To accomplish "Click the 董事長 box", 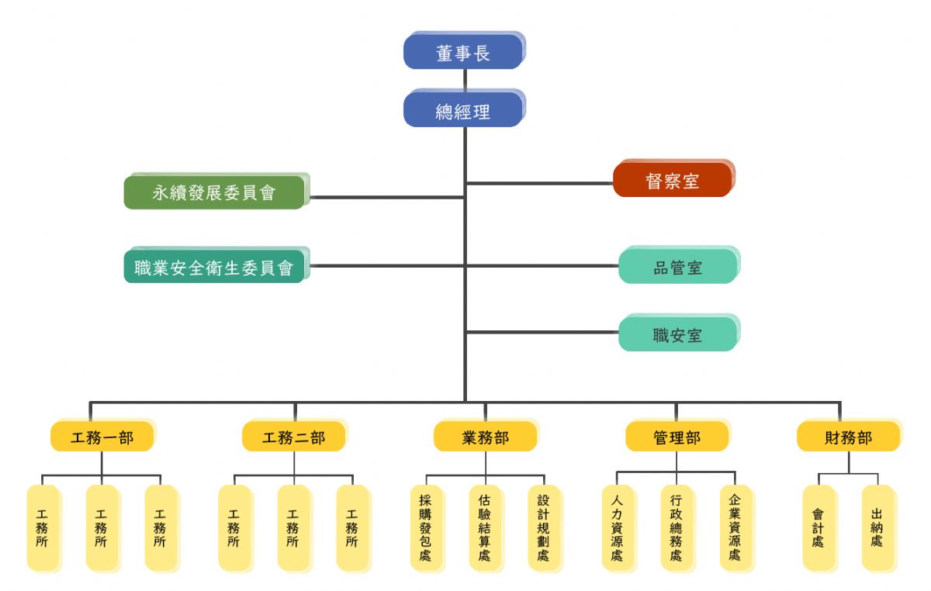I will (463, 52).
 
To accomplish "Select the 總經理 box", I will (463, 110).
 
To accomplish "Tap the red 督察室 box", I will (672, 181).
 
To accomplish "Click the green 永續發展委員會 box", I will (214, 192).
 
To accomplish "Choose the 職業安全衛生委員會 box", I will (214, 268).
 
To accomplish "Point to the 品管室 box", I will (677, 268).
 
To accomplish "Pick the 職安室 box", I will (677, 335).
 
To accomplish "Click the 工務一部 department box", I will (102, 437).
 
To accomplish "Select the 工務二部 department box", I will (293, 437).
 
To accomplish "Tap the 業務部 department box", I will (485, 437).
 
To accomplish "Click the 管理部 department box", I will (677, 437).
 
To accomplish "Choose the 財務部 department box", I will (847, 437).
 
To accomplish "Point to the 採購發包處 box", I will (426, 528).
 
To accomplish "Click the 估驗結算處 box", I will (485, 528).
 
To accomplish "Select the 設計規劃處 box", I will (543, 528).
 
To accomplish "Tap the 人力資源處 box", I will (618, 528).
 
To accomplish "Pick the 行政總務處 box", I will (677, 528).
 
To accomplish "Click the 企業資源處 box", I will (735, 528).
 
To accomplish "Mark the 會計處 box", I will (819, 528).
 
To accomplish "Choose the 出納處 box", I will (877, 528).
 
